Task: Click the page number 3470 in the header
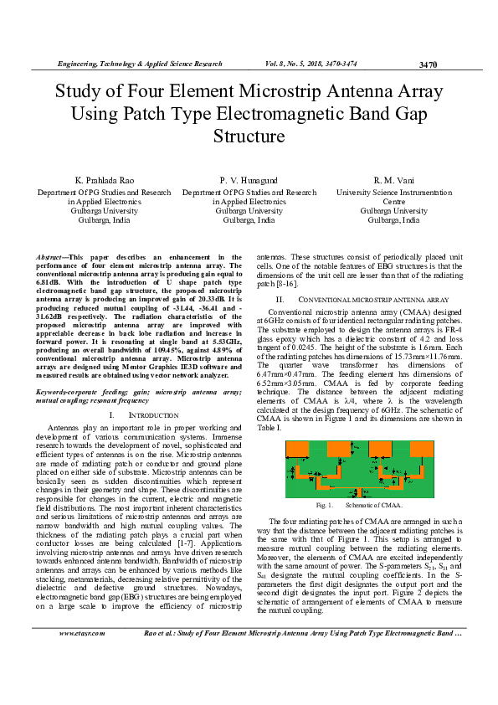[428, 64]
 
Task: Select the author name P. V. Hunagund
[249, 180]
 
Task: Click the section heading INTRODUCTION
[154, 415]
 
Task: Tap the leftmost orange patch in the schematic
[299, 450]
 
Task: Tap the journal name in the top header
[140, 64]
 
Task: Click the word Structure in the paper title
[249, 135]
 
